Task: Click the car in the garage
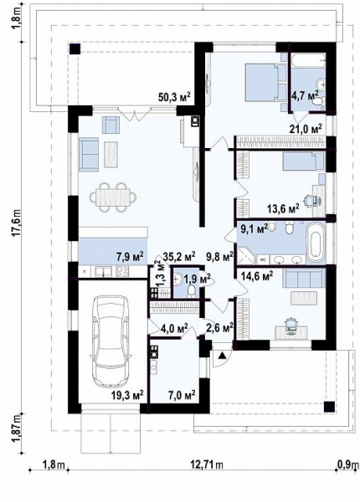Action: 111,342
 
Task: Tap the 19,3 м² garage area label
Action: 126,395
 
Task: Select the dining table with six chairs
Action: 114,197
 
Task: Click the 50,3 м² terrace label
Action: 174,97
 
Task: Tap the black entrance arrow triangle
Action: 222,356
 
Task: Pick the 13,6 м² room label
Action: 283,208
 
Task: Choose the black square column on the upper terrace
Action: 75,49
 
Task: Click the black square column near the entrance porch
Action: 329,407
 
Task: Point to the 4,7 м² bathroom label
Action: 305,95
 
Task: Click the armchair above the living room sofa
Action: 111,125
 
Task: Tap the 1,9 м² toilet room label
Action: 197,279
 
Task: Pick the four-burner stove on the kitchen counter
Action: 122,271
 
